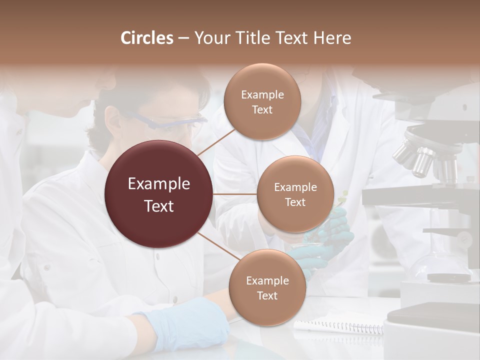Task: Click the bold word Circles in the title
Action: click(146, 38)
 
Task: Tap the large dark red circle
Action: click(158, 194)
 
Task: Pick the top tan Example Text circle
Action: click(262, 102)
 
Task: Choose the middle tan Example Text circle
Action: click(295, 194)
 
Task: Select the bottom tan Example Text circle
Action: click(267, 288)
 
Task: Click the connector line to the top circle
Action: click(216, 142)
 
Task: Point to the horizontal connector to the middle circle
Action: click(235, 194)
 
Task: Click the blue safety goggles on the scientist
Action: click(170, 120)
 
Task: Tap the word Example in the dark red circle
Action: click(158, 184)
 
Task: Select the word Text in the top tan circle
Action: click(262, 110)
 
